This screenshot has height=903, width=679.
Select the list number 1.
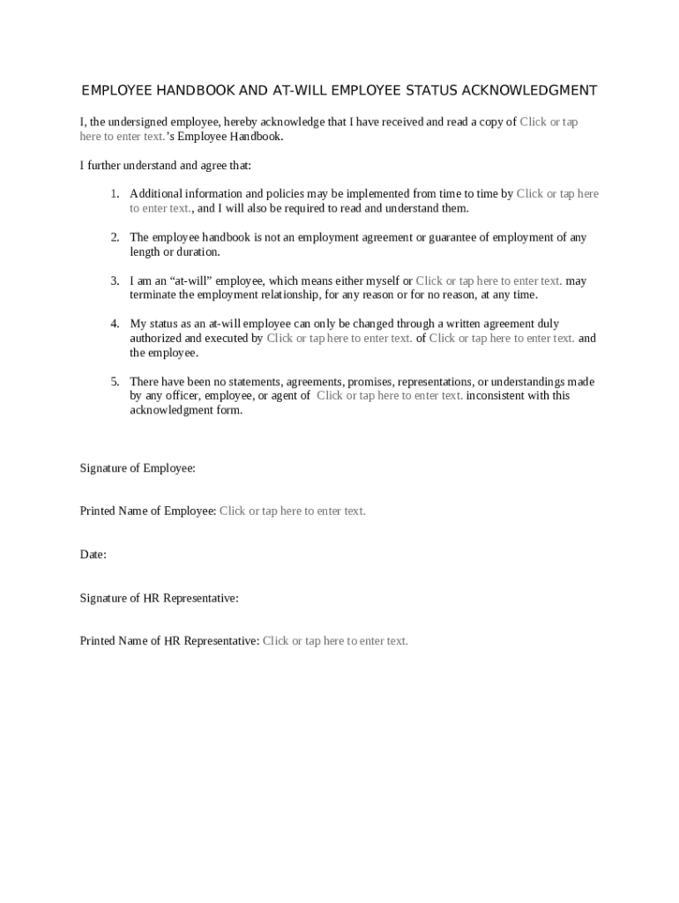click(115, 194)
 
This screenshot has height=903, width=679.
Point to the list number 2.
click(115, 238)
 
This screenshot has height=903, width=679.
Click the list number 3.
click(115, 281)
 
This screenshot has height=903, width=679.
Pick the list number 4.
click(115, 325)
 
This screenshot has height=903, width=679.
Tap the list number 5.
click(115, 382)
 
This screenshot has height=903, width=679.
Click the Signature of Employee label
click(138, 468)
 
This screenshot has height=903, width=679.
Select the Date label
click(93, 555)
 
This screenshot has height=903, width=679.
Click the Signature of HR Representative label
click(159, 598)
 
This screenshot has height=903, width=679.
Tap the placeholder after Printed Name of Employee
click(292, 511)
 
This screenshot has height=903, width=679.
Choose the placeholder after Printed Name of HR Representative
click(335, 641)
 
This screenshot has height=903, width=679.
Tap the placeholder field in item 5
click(389, 396)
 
